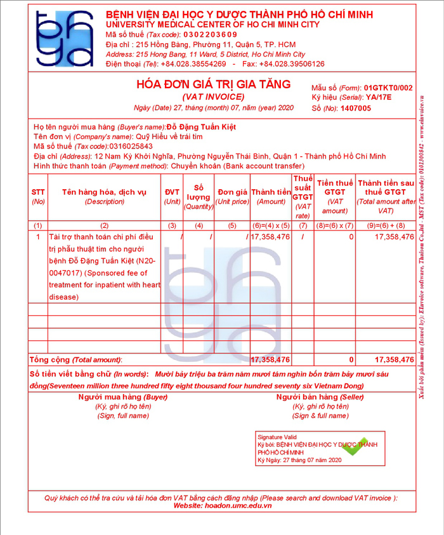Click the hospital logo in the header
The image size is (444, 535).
pos(64,39)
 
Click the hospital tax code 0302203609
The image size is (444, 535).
pos(211,34)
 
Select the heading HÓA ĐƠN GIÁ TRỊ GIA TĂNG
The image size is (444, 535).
pos(213,84)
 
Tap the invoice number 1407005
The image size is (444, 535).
pos(356,109)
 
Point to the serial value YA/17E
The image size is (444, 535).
pos(379,98)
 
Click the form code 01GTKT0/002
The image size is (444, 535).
pos(388,88)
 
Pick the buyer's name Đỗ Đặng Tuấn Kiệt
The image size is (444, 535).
pos(201,127)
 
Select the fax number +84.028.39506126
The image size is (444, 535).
pos(292,64)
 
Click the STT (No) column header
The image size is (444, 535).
pos(38,197)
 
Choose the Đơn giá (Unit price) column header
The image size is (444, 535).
pos(232,197)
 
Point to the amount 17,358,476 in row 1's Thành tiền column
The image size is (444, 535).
pos(270,237)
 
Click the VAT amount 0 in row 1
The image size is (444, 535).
pos(351,237)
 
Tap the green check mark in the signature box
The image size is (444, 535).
pos(355,447)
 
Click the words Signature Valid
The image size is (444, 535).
pos(277,437)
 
